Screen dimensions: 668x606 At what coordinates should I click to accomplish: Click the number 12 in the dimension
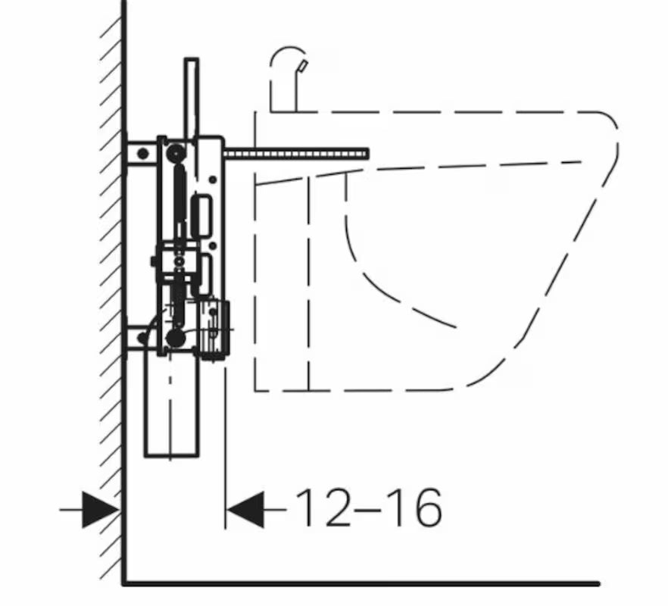(x=322, y=508)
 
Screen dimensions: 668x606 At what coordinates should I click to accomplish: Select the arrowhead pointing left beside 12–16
(x=245, y=510)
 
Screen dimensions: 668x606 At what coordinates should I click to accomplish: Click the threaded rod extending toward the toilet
(x=295, y=154)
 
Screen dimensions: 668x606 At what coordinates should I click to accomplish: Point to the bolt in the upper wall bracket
(x=143, y=154)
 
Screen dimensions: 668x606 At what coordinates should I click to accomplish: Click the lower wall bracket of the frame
(x=141, y=338)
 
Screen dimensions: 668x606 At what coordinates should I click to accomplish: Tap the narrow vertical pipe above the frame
(x=192, y=98)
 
